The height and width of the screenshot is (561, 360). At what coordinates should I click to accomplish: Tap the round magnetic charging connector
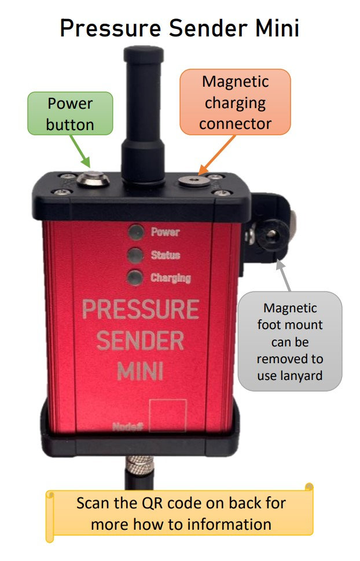point(194,181)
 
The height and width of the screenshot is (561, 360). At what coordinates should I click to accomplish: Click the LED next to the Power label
point(136,232)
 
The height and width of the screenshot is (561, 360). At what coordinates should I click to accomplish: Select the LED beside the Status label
point(136,255)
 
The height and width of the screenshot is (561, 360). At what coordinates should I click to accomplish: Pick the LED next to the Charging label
point(135,277)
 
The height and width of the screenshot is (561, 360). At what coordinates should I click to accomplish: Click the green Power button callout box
point(70,113)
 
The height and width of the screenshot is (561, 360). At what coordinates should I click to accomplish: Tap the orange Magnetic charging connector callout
point(236,102)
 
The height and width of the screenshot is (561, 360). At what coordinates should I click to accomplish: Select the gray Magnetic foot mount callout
point(290,341)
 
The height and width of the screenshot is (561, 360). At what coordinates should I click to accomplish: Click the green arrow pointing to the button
point(80,151)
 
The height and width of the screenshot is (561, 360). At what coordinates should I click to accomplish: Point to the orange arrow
point(217,154)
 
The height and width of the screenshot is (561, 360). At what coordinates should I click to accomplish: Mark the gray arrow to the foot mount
point(284,275)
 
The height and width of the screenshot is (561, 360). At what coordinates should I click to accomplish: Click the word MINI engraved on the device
point(141,371)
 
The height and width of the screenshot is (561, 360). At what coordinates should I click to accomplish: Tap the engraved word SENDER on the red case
point(140,340)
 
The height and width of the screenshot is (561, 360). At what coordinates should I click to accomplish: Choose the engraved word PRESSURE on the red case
point(141,309)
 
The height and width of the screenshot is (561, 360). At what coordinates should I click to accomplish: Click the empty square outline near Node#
point(168,415)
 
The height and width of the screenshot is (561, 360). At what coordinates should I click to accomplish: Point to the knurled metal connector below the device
point(139,466)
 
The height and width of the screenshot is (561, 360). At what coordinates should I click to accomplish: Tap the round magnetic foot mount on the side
point(271,235)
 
